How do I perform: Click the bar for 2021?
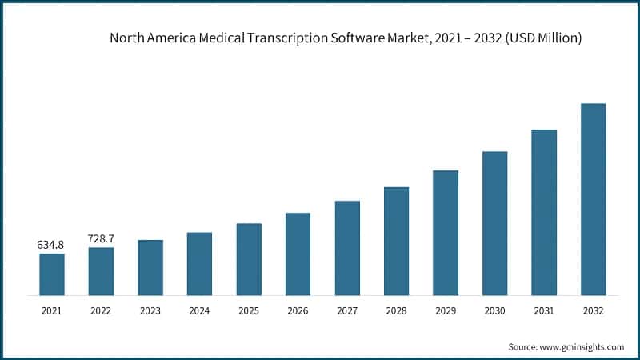pyautogui.click(x=52, y=274)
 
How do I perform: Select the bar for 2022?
pyautogui.click(x=101, y=272)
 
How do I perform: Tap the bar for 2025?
pyautogui.click(x=249, y=259)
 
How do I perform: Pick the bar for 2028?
pyautogui.click(x=396, y=242)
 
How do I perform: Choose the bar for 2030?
pyautogui.click(x=494, y=223)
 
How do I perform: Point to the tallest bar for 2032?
pyautogui.click(x=593, y=199)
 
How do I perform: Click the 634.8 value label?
pyautogui.click(x=51, y=245)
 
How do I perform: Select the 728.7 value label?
pyautogui.click(x=101, y=238)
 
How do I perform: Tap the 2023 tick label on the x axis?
pyautogui.click(x=150, y=310)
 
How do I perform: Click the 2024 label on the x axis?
pyautogui.click(x=199, y=310)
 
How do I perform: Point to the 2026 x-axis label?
pyautogui.click(x=298, y=310)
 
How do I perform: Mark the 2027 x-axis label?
pyautogui.click(x=347, y=310)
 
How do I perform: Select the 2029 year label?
pyautogui.click(x=446, y=310)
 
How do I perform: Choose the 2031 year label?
pyautogui.click(x=544, y=310)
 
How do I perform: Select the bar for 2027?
pyautogui.click(x=347, y=248)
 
